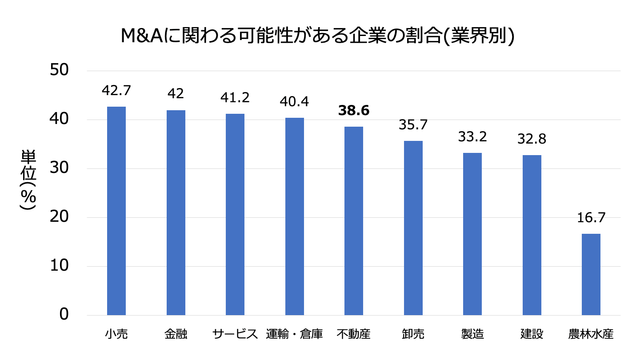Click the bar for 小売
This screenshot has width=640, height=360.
click(x=116, y=211)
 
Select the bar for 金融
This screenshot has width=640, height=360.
click(x=176, y=213)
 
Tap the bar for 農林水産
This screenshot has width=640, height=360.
click(x=591, y=274)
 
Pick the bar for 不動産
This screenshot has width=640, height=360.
click(x=354, y=221)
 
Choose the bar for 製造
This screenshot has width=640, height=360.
click(x=472, y=234)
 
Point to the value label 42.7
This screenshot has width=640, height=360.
click(x=116, y=91)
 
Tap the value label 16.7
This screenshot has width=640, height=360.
click(x=591, y=218)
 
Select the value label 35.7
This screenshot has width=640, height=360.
click(x=413, y=125)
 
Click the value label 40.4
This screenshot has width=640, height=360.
click(x=294, y=102)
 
